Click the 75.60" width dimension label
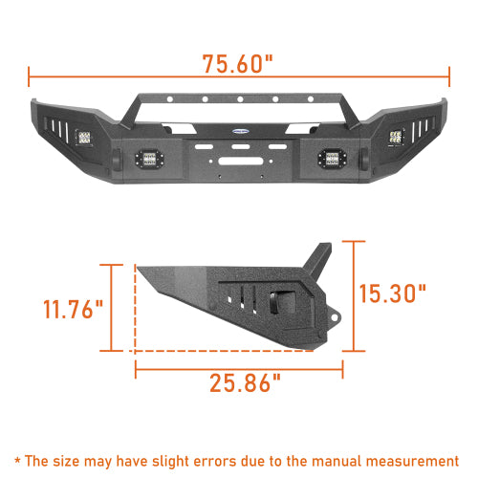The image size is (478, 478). [238, 65]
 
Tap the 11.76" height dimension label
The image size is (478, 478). [72, 310]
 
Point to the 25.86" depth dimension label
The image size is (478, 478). [245, 384]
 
